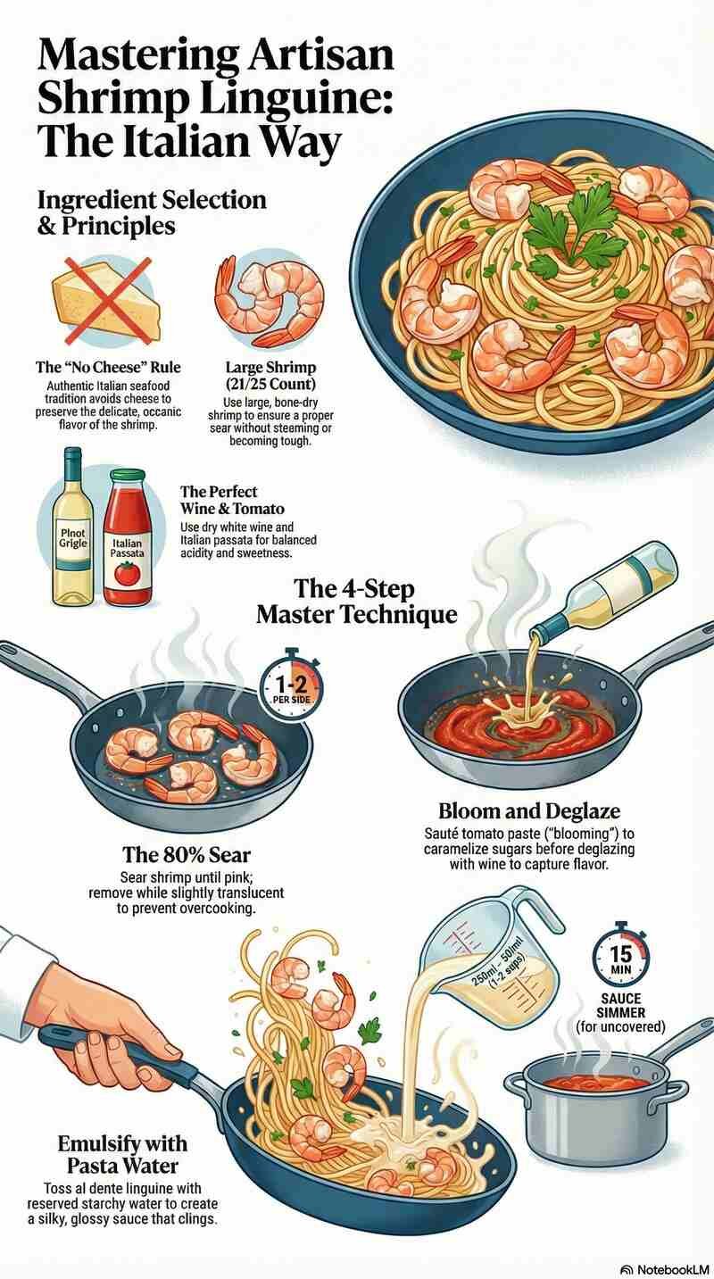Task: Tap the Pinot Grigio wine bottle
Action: coord(72,530)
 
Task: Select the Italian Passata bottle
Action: coord(129,541)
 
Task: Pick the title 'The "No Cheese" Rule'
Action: coord(107,367)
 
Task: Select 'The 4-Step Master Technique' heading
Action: coord(356,602)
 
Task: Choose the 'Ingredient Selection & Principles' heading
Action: coord(152,212)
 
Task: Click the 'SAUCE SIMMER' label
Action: coord(620,1007)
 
